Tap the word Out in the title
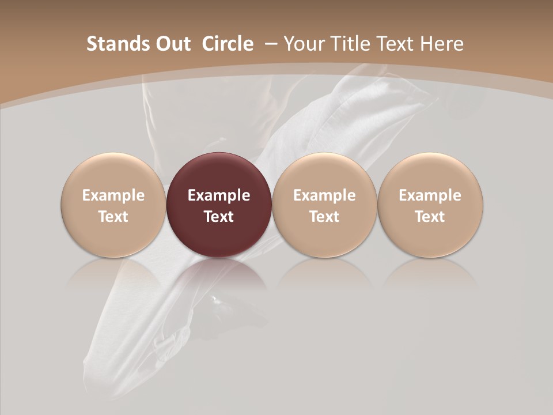tap(171, 44)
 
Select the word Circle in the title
tap(228, 44)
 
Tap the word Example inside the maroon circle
tap(219, 195)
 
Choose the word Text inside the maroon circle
tap(219, 217)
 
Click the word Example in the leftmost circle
tap(113, 195)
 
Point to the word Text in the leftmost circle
tap(113, 217)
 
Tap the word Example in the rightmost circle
tap(430, 195)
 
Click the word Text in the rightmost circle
tap(430, 217)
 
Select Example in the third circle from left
tap(324, 195)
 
